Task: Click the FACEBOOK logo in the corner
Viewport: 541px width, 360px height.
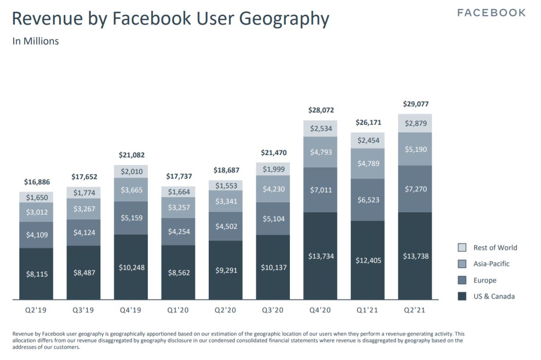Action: pos(491,13)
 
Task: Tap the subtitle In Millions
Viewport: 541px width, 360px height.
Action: pos(35,41)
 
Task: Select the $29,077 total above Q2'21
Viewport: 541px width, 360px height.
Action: pos(415,104)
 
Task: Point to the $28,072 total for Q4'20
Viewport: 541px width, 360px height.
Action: pos(321,110)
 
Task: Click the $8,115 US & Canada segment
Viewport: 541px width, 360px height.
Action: pos(37,274)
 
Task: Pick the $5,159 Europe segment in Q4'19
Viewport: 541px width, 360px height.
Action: pos(131,218)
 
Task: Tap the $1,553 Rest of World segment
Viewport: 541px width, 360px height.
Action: pos(226,186)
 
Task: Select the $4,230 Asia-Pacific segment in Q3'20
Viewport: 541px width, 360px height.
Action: pos(273,189)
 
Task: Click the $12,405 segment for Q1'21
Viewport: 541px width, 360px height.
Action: pos(368,260)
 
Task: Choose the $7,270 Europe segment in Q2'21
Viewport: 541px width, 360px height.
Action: pos(415,189)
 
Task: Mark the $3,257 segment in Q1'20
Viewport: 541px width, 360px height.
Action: pos(179,207)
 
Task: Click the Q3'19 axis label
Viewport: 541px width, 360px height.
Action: pos(84,311)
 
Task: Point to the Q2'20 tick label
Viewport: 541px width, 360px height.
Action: pos(226,311)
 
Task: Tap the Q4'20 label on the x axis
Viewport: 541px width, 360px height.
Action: pos(321,311)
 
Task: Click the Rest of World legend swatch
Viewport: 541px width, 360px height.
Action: pos(462,248)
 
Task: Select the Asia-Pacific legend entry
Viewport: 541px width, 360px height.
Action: pos(491,264)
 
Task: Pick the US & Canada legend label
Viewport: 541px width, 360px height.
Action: pos(494,296)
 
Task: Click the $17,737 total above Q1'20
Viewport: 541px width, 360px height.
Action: pos(179,176)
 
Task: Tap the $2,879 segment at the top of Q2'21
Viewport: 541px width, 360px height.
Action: pos(415,123)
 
